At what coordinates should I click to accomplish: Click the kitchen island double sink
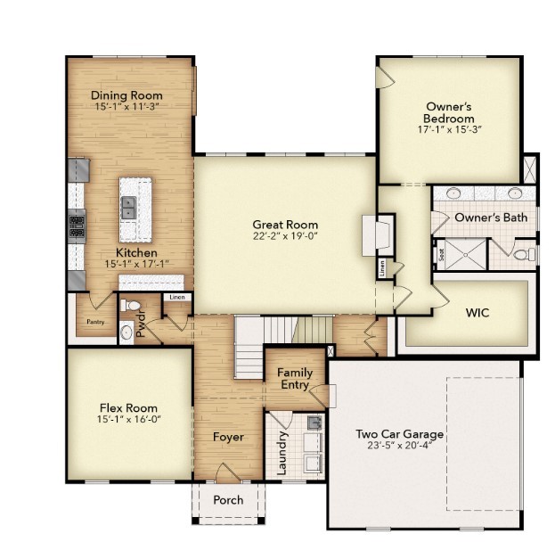click(128, 209)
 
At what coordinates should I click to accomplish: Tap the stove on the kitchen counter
click(76, 226)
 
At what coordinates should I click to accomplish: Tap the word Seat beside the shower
click(440, 254)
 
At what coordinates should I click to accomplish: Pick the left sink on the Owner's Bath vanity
click(453, 193)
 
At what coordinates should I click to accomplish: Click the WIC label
click(477, 313)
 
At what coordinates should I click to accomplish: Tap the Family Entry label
click(293, 379)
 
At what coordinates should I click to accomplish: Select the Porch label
click(228, 500)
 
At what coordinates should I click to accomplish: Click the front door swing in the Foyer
click(227, 472)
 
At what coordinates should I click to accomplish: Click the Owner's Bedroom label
click(448, 112)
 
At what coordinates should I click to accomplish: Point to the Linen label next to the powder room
click(175, 297)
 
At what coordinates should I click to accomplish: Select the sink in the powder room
click(126, 332)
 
